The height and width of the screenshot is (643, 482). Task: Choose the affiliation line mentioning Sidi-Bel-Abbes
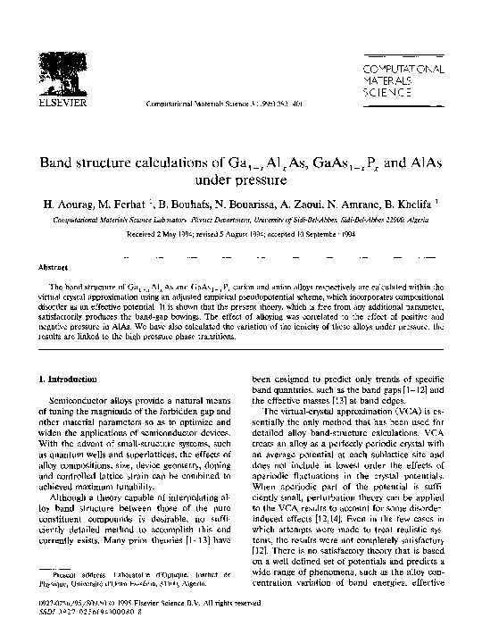[x=240, y=217]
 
